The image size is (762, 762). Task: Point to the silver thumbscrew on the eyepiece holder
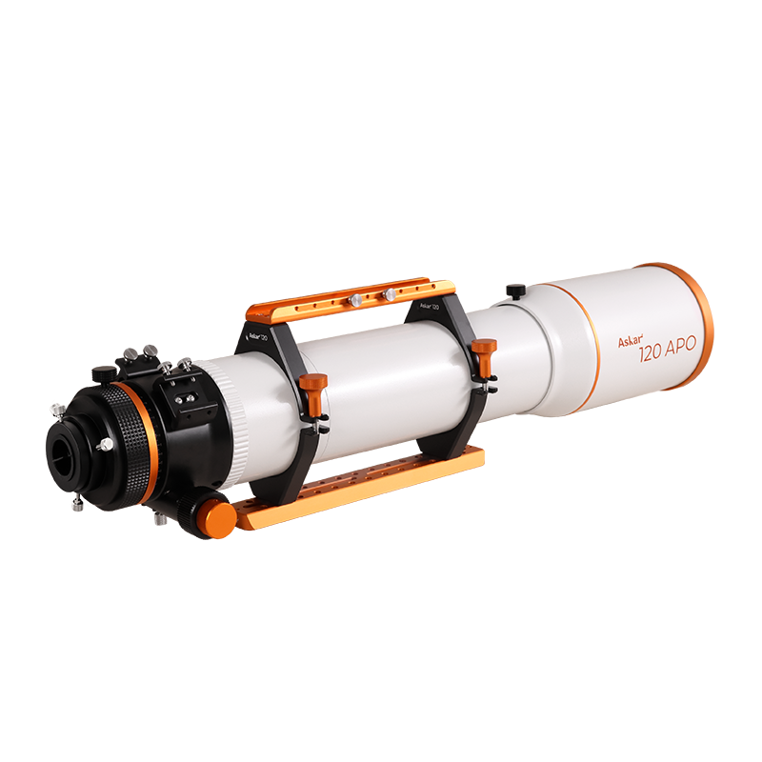click(x=104, y=443)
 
